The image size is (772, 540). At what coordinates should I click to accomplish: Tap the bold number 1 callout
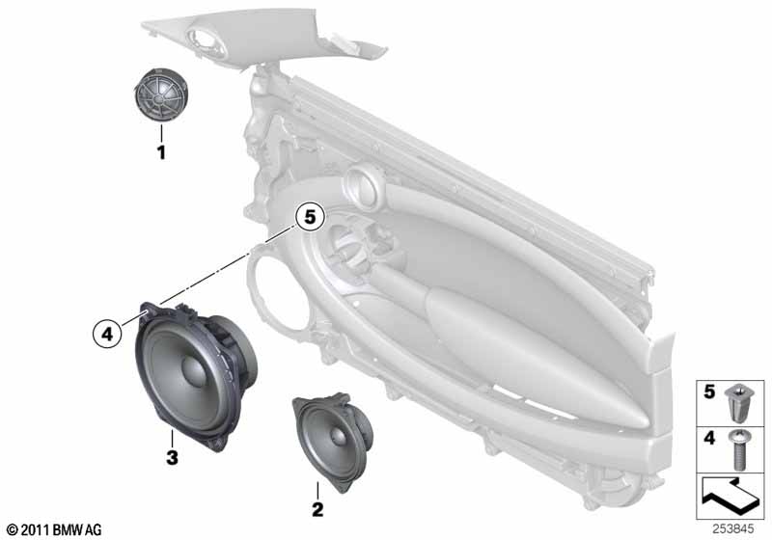161,152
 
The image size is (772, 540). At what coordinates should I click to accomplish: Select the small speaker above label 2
332,441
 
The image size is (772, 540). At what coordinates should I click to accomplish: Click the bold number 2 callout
317,509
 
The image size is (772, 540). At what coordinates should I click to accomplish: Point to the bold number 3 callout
172,458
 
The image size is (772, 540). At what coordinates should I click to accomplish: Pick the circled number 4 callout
107,335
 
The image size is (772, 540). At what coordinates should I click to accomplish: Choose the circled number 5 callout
310,216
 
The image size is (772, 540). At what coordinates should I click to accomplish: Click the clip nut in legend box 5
736,404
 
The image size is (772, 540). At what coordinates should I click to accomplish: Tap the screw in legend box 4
737,449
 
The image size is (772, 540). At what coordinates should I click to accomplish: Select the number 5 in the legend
709,391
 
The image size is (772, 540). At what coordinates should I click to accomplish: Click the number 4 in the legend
709,437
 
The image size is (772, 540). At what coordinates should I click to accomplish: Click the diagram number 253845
733,529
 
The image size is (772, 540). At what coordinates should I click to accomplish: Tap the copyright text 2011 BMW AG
55,529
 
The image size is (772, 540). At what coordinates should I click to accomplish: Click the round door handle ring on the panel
364,186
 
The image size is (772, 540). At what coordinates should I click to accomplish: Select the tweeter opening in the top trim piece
207,40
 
